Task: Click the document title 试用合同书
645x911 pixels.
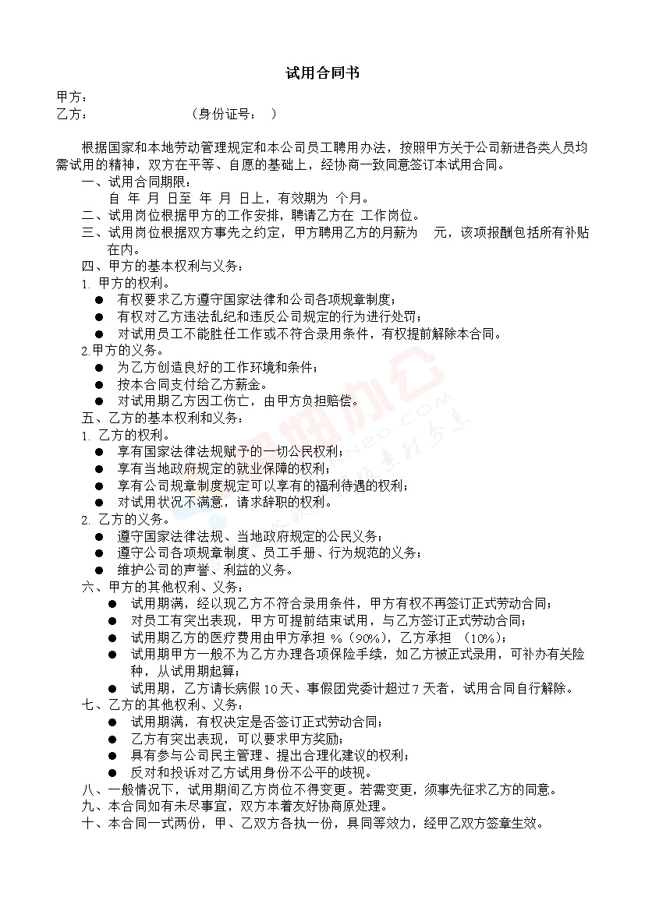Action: click(322, 74)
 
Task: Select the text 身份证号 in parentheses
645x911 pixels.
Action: click(224, 115)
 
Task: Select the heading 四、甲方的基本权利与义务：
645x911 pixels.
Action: click(163, 267)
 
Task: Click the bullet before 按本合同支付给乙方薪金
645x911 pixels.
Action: click(99, 385)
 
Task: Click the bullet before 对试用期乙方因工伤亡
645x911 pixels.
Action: click(99, 402)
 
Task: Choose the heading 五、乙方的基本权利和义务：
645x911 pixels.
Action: click(163, 418)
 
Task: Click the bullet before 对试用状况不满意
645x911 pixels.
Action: click(99, 503)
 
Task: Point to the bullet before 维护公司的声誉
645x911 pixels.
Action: click(99, 570)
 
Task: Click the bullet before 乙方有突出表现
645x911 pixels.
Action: click(112, 739)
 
